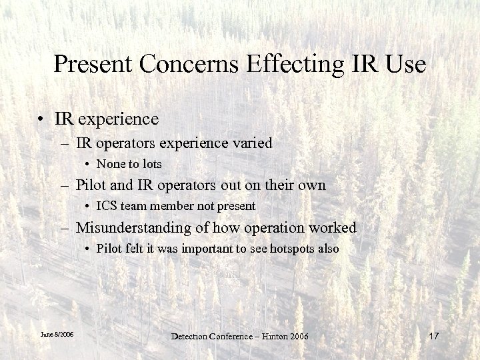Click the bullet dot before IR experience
tap(41, 119)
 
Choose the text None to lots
tap(129, 163)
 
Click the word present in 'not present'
tap(237, 206)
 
